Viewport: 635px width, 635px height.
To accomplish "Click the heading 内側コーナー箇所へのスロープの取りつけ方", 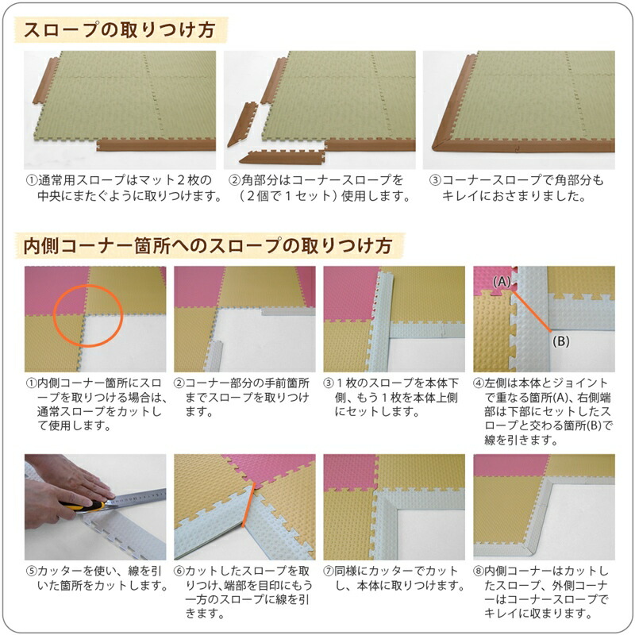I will pyautogui.click(x=208, y=245).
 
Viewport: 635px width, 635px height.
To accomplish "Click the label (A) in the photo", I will pyautogui.click(x=501, y=281).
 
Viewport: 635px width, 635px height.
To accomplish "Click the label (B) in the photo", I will pyautogui.click(x=562, y=342).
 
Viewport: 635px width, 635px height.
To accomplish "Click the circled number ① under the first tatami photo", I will pyautogui.click(x=32, y=180).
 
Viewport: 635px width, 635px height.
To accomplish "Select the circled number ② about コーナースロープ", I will pyautogui.click(x=235, y=180).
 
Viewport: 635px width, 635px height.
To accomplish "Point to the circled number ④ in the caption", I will pyautogui.click(x=479, y=383).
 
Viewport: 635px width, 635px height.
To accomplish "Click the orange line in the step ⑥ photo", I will pyautogui.click(x=248, y=508).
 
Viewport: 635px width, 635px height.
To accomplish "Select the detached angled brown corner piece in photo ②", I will pyautogui.click(x=241, y=125).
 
